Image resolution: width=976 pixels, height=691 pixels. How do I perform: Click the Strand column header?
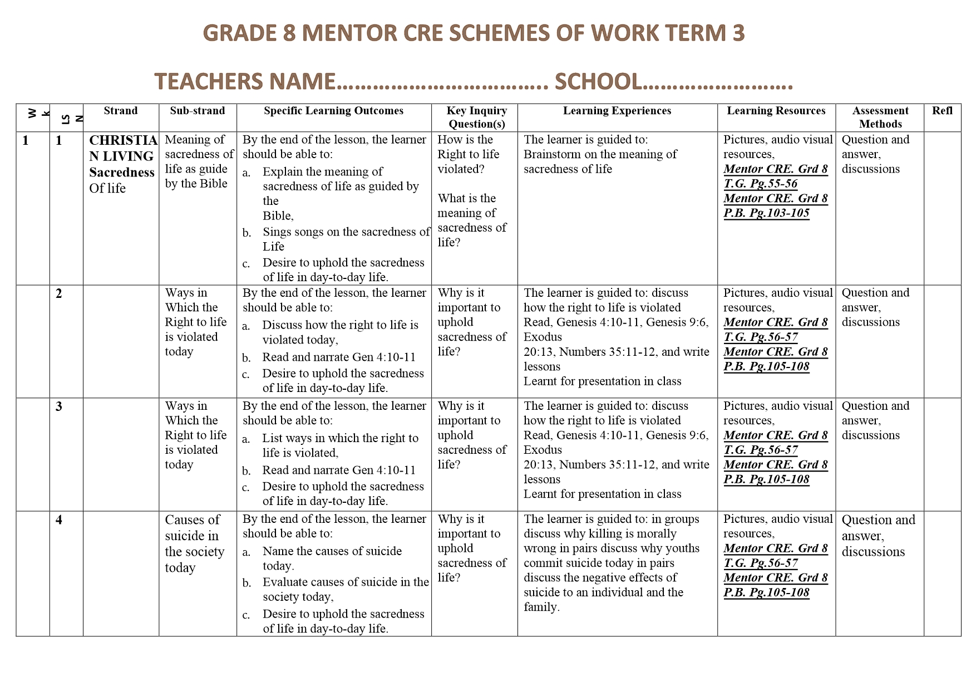(x=121, y=111)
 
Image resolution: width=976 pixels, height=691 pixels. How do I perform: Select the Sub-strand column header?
(x=198, y=111)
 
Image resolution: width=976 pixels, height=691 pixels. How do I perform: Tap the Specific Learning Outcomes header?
(x=333, y=111)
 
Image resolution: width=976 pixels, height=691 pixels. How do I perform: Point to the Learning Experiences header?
(x=617, y=111)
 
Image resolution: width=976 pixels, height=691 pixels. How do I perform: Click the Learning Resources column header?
(x=776, y=111)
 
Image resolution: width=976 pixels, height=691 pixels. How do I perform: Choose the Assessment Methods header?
(x=880, y=117)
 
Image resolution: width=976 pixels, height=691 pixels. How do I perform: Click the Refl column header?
(x=942, y=111)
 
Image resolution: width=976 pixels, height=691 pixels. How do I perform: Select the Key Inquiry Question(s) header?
(x=477, y=117)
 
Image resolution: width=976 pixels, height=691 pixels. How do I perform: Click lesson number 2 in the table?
(x=59, y=293)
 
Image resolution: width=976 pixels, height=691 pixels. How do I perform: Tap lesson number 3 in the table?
(x=59, y=406)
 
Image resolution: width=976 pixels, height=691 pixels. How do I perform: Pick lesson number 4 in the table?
(x=59, y=520)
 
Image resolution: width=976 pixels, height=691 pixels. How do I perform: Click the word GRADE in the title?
(x=240, y=33)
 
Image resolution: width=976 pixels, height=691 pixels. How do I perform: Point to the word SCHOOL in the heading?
(x=598, y=82)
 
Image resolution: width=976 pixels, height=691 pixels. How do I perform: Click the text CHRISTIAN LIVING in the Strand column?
(x=123, y=148)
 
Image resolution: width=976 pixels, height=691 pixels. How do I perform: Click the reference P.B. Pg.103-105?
(x=766, y=213)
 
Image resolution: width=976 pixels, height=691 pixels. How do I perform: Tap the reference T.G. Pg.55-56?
(x=760, y=184)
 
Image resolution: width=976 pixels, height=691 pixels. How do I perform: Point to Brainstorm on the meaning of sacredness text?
(x=600, y=161)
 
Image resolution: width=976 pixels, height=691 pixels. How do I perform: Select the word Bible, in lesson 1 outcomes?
(x=278, y=216)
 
